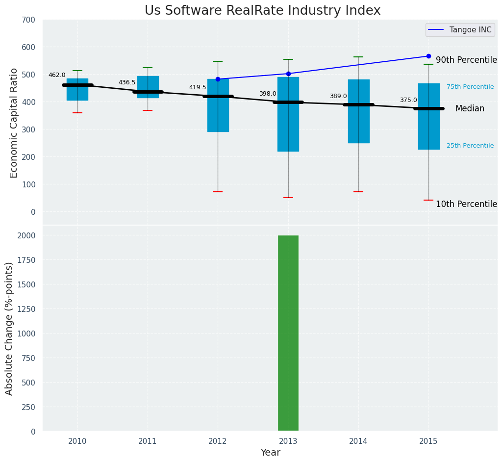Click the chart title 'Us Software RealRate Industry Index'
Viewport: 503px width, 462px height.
coord(262,11)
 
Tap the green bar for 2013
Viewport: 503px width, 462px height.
coord(288,333)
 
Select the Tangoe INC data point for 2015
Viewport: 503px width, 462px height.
coord(428,56)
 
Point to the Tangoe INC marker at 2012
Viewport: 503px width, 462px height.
coord(218,79)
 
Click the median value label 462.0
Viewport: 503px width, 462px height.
coord(57,76)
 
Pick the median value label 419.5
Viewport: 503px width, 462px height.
coord(198,88)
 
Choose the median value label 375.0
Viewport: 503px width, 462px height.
coord(408,101)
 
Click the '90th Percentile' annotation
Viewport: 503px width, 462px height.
coord(466,60)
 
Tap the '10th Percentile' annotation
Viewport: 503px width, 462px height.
coord(466,205)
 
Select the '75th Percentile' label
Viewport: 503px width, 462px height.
coord(470,87)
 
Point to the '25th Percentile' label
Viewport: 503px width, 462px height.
coord(470,146)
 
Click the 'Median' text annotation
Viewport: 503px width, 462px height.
coord(470,109)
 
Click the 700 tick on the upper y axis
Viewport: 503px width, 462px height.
coord(28,20)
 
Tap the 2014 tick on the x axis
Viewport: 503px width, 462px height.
coord(358,441)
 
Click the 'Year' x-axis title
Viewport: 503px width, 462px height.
coord(270,453)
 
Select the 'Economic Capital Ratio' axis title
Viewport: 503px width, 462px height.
coord(14,123)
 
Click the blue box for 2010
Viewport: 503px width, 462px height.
coord(77,90)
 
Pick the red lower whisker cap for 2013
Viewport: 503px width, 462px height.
coord(288,198)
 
